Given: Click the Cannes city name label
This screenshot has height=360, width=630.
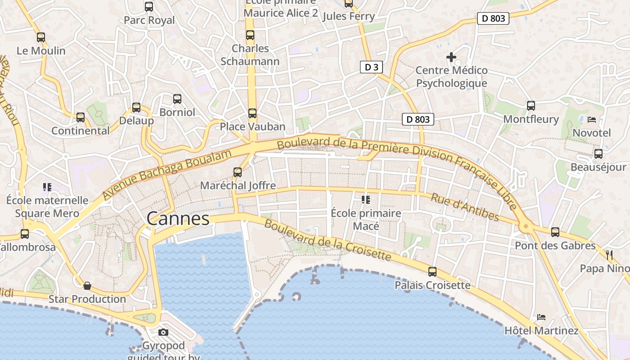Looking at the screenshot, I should [x=178, y=219].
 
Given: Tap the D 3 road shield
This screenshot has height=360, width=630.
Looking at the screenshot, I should [x=371, y=67].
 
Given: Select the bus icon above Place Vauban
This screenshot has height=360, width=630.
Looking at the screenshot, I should [x=252, y=113].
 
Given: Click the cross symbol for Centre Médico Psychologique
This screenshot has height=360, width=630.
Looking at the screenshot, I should [x=451, y=57].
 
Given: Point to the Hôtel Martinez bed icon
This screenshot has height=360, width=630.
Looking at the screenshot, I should [x=541, y=317].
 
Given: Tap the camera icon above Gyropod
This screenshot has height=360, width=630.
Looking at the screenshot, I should [x=163, y=333].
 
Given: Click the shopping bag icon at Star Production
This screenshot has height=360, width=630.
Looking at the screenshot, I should [x=87, y=286].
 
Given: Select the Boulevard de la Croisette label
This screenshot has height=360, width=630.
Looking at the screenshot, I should [x=327, y=240].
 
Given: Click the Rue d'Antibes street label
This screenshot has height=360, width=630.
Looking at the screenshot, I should [x=465, y=207].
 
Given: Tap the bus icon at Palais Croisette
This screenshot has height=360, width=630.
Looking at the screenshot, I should [x=432, y=272].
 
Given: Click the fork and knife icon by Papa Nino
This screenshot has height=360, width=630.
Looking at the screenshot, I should [x=609, y=255].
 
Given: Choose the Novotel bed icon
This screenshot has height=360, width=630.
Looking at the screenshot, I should [x=592, y=120].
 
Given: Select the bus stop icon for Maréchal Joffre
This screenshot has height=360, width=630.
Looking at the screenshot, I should [x=238, y=172].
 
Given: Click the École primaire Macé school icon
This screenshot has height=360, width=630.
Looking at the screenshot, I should [x=366, y=199].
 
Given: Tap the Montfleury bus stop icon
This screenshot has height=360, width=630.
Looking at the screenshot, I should [x=531, y=106].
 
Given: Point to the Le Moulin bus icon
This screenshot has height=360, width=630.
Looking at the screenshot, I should [x=41, y=37].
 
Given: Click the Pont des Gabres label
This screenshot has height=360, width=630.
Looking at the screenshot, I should [x=555, y=246].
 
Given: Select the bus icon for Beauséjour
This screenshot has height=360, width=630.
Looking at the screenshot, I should [x=598, y=154].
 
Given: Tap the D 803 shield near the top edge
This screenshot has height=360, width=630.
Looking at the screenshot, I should [x=493, y=18].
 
